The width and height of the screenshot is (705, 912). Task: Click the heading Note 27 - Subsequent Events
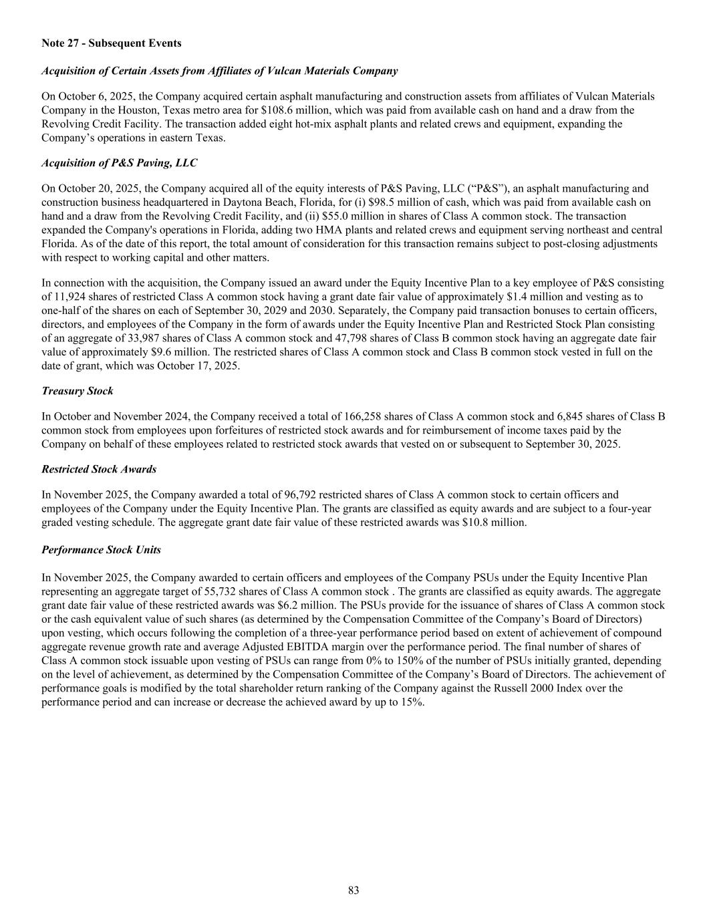click(x=111, y=43)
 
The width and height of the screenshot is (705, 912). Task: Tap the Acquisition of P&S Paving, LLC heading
click(x=119, y=163)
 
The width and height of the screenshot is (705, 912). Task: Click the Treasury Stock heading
click(x=77, y=391)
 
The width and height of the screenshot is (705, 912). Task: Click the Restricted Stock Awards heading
click(x=99, y=469)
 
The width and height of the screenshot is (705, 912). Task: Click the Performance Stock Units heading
click(x=101, y=550)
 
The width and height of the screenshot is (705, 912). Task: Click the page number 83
click(x=353, y=890)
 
